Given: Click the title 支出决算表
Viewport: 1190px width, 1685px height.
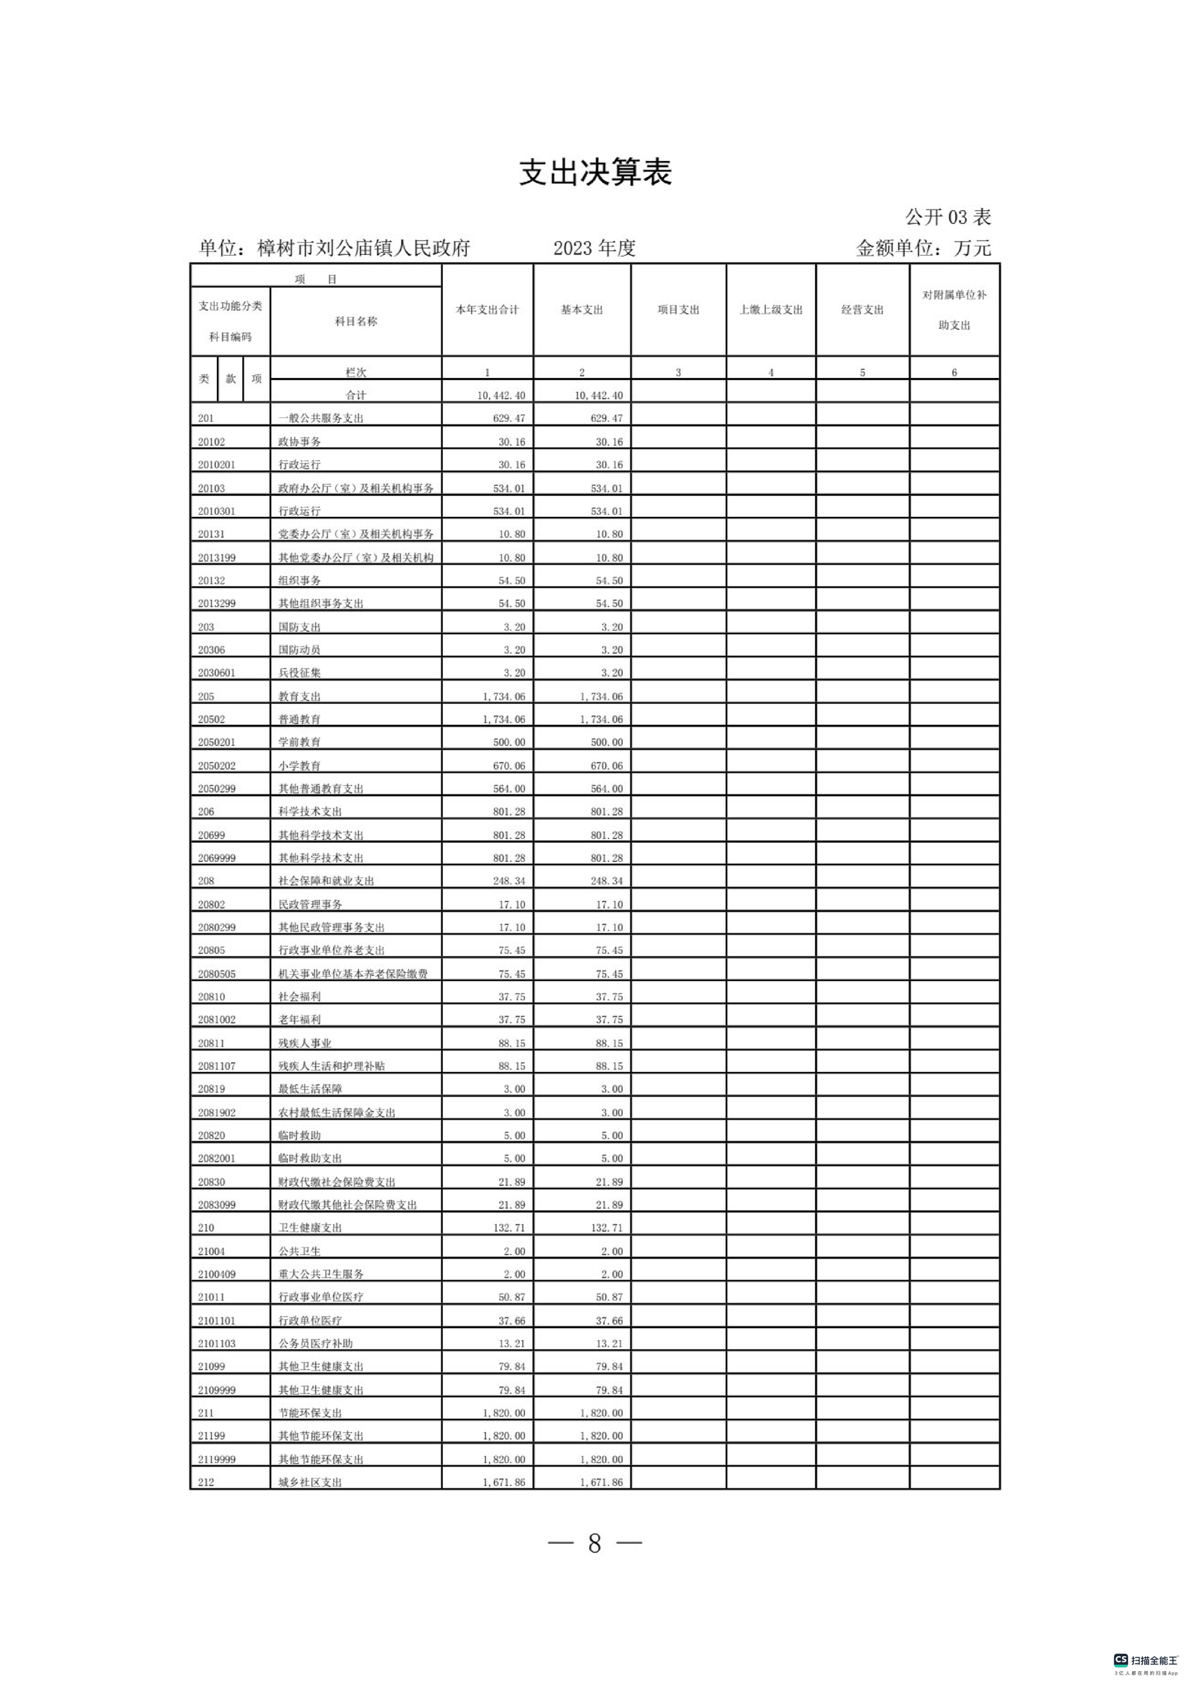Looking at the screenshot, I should click(595, 173).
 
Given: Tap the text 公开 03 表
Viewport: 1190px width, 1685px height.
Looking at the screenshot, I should click(948, 217).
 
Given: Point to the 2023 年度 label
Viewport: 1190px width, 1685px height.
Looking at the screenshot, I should click(594, 248).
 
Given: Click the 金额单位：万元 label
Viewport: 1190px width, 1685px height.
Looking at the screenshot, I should click(923, 248).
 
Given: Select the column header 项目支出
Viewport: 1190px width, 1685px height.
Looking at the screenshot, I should click(678, 310).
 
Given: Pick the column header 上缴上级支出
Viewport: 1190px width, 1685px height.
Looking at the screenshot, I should click(770, 310).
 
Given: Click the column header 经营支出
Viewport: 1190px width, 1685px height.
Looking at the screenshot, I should click(862, 310).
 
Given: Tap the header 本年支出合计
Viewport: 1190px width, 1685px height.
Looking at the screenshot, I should click(487, 310).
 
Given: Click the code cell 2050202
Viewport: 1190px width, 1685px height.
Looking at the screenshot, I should click(216, 766).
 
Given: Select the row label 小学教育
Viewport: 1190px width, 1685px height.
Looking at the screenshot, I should click(299, 766).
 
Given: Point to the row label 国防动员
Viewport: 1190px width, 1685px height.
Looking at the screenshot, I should click(299, 650).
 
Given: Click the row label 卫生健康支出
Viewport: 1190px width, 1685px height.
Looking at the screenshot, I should click(310, 1227).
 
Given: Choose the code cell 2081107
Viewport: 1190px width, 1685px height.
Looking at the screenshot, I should click(216, 1066).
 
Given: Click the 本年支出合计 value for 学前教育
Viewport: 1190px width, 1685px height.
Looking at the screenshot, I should click(509, 742).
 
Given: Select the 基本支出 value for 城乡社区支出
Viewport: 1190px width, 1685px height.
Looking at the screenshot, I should click(602, 1482).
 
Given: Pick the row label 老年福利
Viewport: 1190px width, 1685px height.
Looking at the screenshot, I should click(299, 1019).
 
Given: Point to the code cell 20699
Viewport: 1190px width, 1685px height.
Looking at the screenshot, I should click(211, 834).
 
